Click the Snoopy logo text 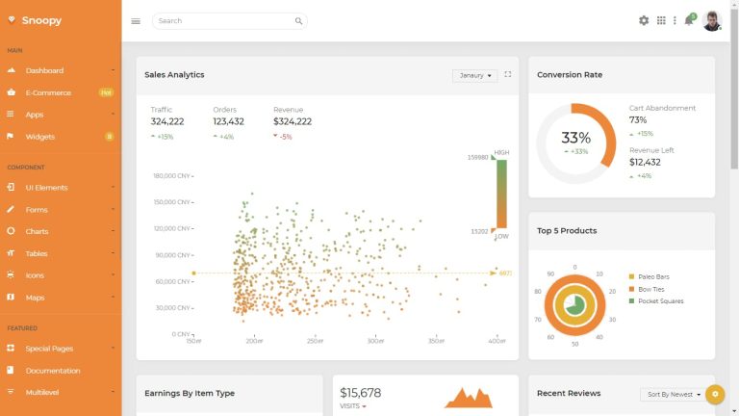[x=41, y=20]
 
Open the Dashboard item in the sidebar [x=44, y=70]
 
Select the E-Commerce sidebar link [x=48, y=92]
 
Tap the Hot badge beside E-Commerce [x=106, y=92]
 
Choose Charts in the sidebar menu [x=37, y=231]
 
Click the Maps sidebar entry [x=35, y=298]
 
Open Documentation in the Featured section [x=53, y=371]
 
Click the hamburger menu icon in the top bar [x=136, y=21]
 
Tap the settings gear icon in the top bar [x=644, y=20]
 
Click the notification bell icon [x=689, y=20]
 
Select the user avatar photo [x=712, y=20]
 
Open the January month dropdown [x=474, y=75]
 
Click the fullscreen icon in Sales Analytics [x=508, y=74]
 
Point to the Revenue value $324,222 [x=293, y=121]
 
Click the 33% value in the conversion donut [x=575, y=138]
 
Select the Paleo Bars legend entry [x=652, y=276]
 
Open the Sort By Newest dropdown [x=672, y=395]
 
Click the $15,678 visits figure [x=361, y=393]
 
